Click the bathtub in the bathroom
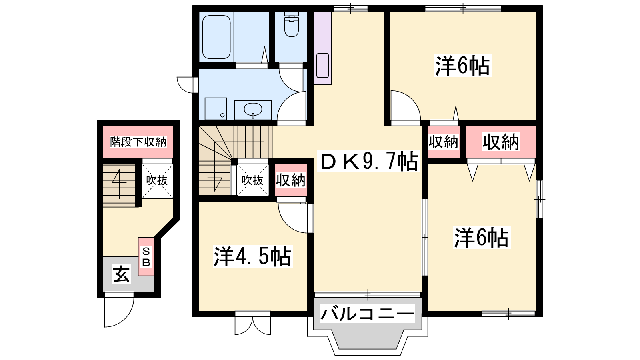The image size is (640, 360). pos(216,37)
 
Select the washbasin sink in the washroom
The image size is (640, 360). pos(253,110)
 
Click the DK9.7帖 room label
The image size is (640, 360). pos(368,161)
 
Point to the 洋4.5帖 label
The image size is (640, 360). pos(252,256)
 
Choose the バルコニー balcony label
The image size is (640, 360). pos(367,314)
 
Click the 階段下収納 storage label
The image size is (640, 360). pos(138,142)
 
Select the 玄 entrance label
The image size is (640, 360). pos(122,274)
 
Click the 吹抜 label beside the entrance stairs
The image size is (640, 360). pos(157,180)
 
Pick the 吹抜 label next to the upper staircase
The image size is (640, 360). pos(252,180)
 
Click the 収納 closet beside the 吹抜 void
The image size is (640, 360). pos(291,180)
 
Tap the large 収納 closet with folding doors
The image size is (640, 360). pos(501,142)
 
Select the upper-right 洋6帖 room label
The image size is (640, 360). pos(462,66)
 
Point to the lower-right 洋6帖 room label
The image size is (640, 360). pos(482,238)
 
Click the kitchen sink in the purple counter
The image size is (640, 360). pos(322,66)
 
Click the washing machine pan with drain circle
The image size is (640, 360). pos(216,108)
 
